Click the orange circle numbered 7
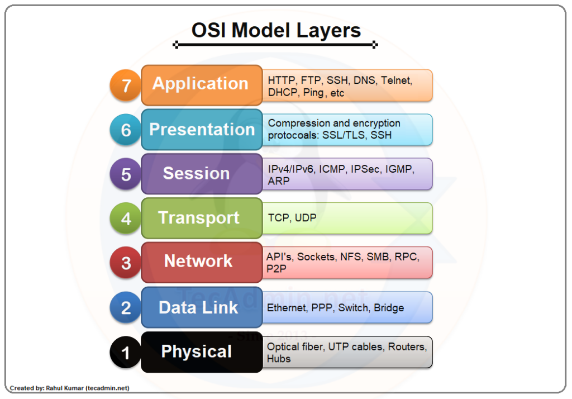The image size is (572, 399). click(x=126, y=85)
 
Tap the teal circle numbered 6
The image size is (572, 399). click(x=126, y=130)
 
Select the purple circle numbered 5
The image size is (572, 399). click(x=126, y=174)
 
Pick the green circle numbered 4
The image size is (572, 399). click(x=126, y=218)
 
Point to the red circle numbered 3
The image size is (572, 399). click(x=126, y=262)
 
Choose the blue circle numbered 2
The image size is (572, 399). click(x=126, y=307)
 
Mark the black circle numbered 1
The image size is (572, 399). click(x=126, y=352)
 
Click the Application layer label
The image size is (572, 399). click(x=201, y=84)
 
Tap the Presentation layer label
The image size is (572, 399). click(x=202, y=129)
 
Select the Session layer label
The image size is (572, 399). click(x=196, y=173)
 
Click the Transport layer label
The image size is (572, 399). click(x=198, y=217)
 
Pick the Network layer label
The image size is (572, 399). click(x=198, y=261)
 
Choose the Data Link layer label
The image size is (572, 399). click(x=198, y=307)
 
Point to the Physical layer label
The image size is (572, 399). click(x=196, y=351)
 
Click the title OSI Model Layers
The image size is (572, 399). click(x=276, y=30)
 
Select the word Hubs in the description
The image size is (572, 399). click(x=279, y=359)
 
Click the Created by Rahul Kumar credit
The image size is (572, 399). click(x=69, y=388)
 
